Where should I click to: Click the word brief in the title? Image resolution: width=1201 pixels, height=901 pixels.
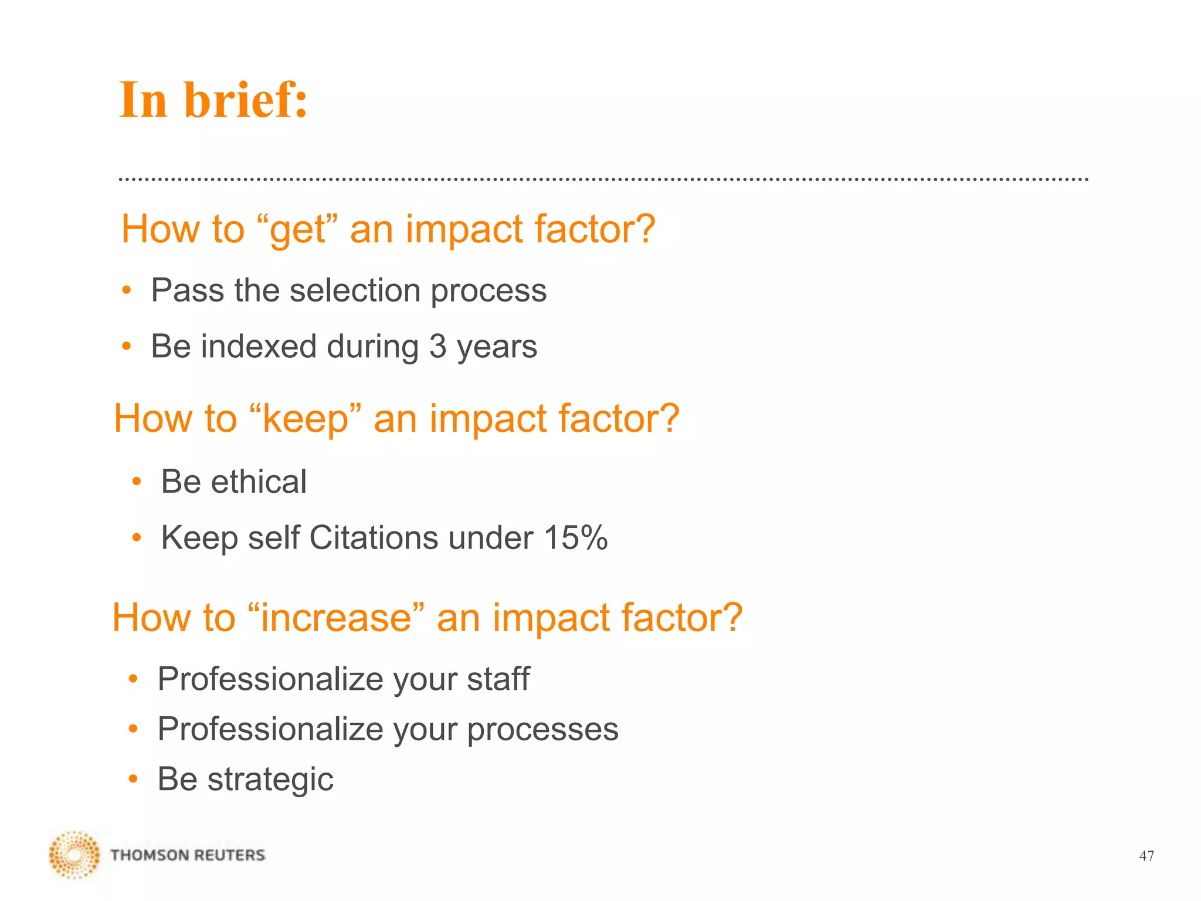click(246, 100)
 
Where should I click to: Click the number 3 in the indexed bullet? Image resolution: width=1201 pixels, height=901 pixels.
click(438, 347)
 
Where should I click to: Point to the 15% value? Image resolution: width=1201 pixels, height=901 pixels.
click(575, 537)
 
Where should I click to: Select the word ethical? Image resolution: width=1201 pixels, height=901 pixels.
click(258, 482)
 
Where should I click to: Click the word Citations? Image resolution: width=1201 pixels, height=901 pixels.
click(373, 537)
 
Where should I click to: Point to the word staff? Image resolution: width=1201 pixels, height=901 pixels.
click(498, 679)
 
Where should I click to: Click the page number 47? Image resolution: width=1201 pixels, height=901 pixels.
click(1146, 856)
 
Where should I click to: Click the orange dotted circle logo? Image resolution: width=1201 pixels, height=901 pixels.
click(74, 855)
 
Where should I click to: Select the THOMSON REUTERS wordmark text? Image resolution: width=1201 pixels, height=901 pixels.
click(188, 855)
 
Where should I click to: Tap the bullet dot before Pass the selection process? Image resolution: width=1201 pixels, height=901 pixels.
click(126, 290)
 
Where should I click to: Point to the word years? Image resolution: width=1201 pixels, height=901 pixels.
click(497, 347)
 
